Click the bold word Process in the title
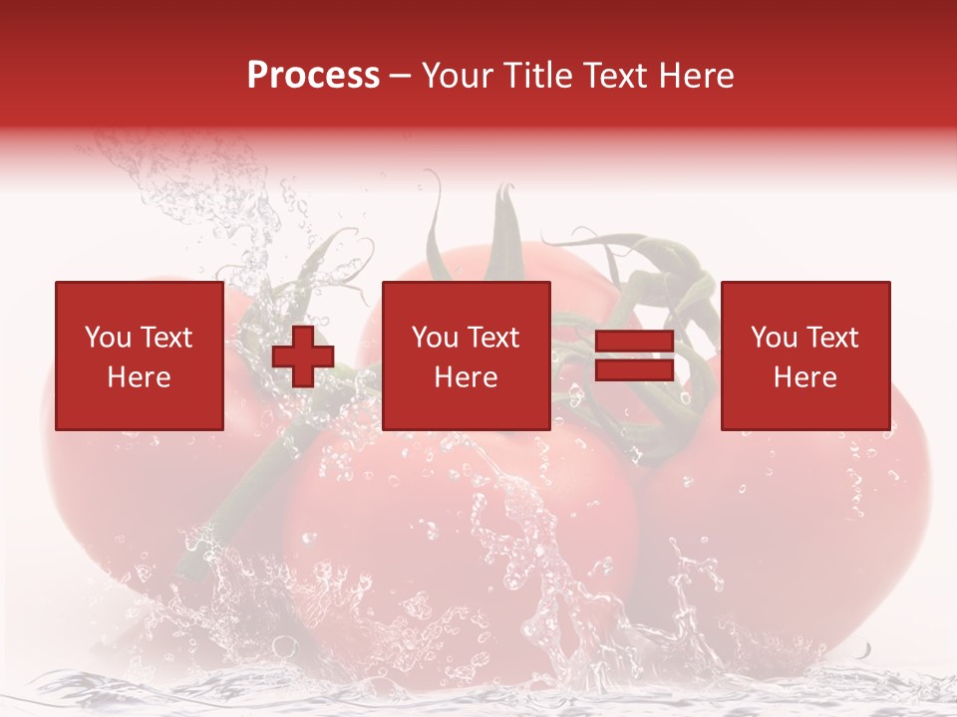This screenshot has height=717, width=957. coord(313,76)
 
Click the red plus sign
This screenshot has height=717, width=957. coord(303,356)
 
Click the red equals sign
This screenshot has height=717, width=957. coord(634,356)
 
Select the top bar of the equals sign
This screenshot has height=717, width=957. coord(634,342)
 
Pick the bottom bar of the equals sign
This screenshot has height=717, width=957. coord(634,369)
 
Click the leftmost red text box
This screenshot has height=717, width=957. coord(140,356)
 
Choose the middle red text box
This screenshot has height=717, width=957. coord(466,356)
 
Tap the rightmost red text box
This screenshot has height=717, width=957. coord(804,356)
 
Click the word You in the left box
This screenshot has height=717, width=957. coord(108,338)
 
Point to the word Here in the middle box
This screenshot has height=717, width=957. coord(466,377)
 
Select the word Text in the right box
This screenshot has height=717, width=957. coord(830,338)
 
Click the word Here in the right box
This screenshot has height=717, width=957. coord(804,377)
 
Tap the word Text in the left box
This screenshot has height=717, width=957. coord(165,338)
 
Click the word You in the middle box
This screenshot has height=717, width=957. coord(435,338)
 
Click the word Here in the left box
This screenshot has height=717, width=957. coord(140,377)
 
